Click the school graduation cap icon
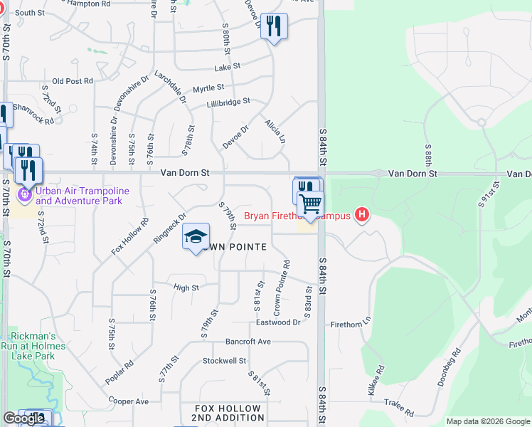(x=196, y=237)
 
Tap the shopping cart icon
(x=310, y=204)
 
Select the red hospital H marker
(x=363, y=214)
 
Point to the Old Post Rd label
(x=73, y=81)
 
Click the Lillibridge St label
(x=228, y=102)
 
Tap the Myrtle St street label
(x=208, y=88)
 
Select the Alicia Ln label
(x=275, y=129)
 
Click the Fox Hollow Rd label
(x=129, y=237)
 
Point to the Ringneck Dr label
(x=169, y=228)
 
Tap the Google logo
(x=24, y=419)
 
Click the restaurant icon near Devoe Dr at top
(x=274, y=26)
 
